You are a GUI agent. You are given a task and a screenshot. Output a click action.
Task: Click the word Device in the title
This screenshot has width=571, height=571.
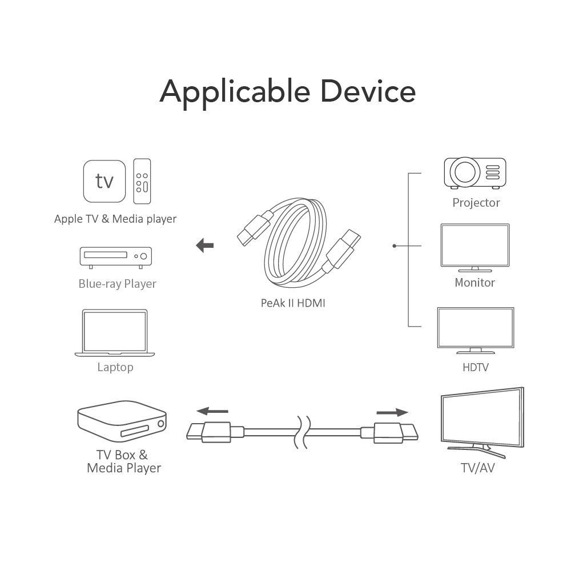[x=368, y=91]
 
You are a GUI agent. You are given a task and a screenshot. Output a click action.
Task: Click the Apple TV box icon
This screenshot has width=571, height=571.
[x=104, y=181]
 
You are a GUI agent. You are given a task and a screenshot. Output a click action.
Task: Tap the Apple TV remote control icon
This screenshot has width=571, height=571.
[x=142, y=181]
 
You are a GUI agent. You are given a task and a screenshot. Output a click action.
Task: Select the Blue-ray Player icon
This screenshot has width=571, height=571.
[x=115, y=258]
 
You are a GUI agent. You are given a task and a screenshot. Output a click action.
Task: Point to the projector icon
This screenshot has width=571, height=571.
[x=475, y=172]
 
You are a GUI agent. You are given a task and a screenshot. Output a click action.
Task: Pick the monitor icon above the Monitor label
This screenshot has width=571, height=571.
[x=475, y=247]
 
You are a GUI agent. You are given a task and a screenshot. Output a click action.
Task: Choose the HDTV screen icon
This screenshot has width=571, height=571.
[x=475, y=330]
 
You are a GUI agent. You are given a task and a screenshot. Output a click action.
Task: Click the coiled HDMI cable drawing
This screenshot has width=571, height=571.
[x=297, y=243]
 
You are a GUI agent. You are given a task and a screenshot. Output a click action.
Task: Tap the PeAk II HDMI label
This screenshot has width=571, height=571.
[x=293, y=303]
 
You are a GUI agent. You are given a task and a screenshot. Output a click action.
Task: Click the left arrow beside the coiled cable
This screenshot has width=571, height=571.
[x=204, y=246]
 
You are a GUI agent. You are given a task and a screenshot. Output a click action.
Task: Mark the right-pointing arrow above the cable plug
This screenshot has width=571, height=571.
[x=392, y=412]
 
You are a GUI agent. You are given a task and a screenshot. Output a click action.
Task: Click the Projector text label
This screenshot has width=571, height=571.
[x=476, y=203]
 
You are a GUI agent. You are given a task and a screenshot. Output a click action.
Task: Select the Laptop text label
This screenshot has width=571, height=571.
[x=115, y=367]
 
